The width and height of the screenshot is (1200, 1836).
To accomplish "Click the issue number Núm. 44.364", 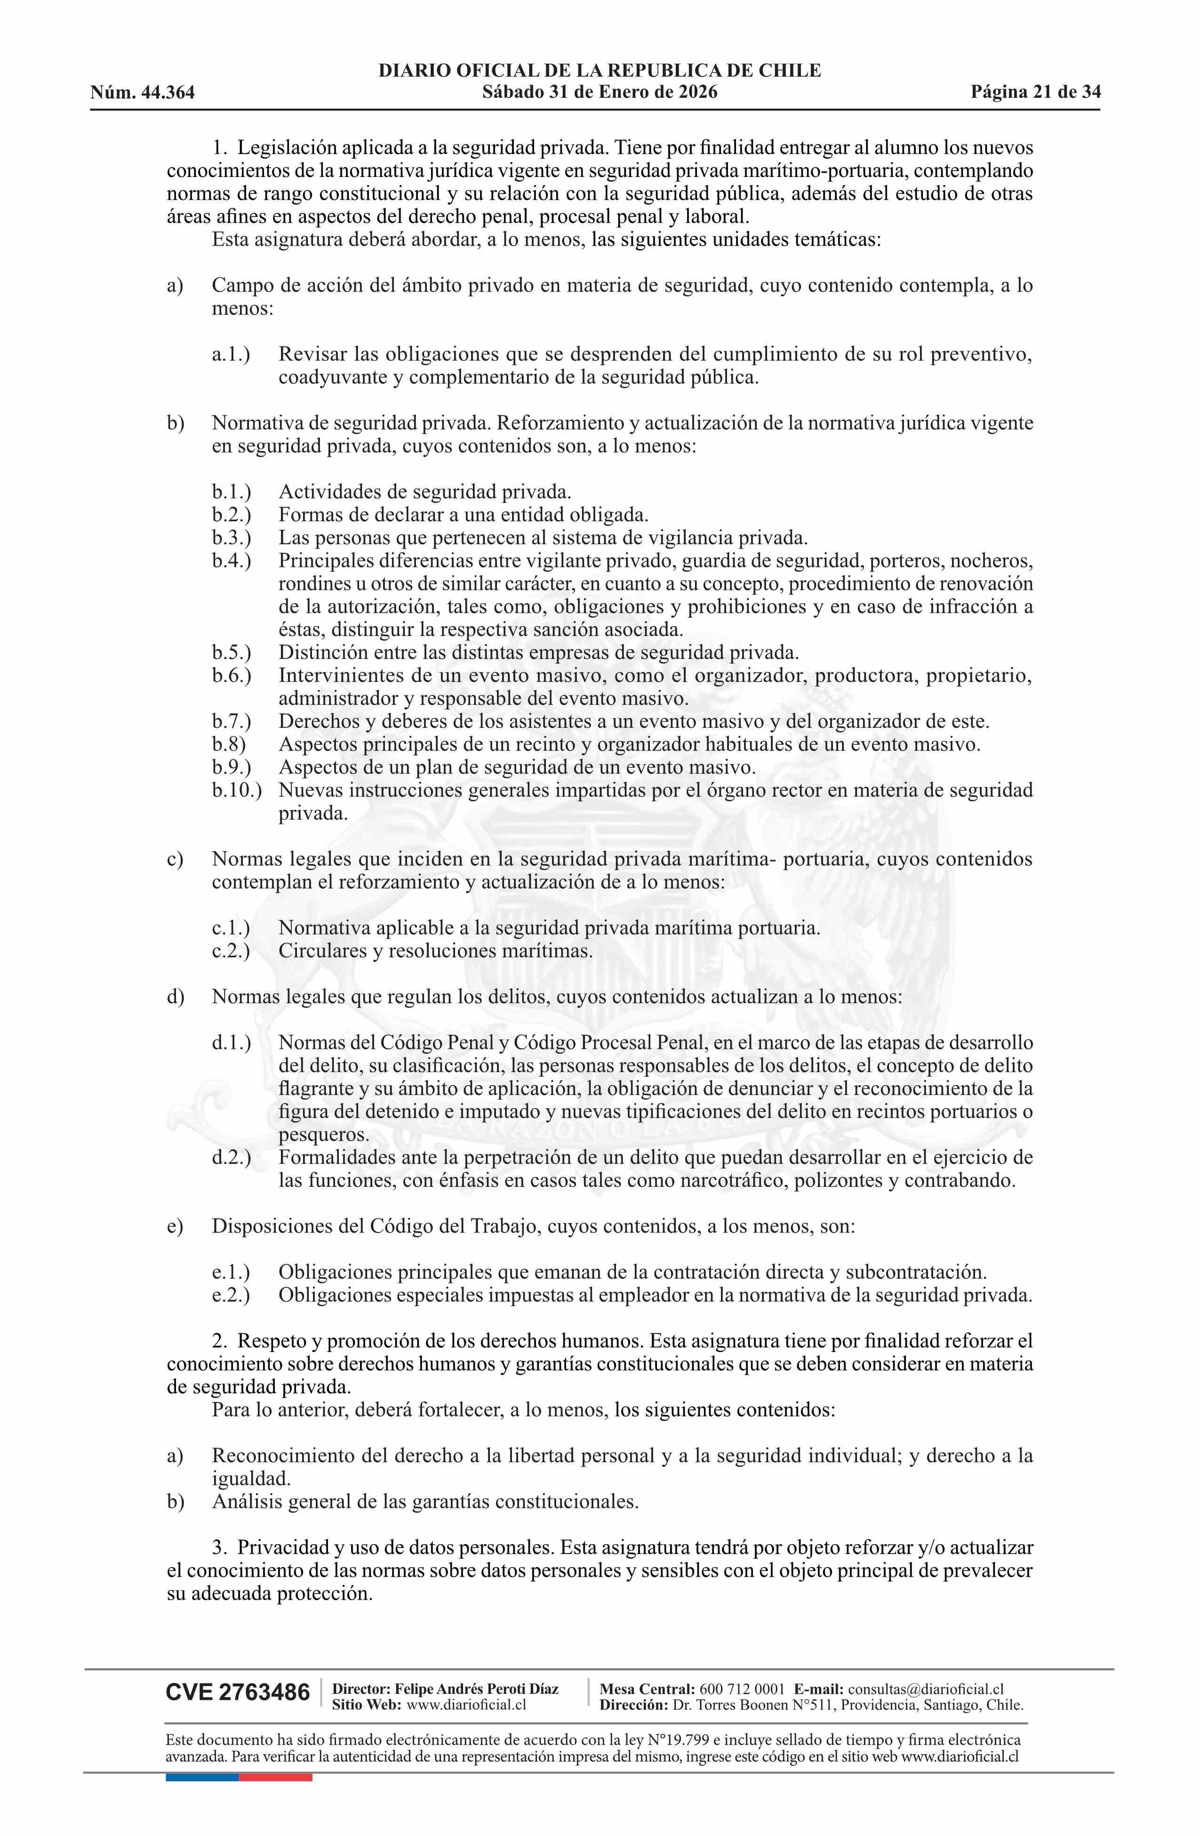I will point(142,93).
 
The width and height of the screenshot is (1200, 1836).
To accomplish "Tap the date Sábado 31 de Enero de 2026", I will point(599,93).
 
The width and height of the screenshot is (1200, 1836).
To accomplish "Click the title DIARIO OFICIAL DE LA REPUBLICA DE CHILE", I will point(599,71).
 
